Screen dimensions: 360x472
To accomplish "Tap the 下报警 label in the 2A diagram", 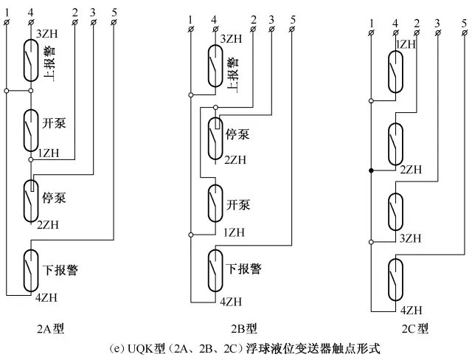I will [60, 270].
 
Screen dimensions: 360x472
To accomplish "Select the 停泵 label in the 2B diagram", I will [236, 135].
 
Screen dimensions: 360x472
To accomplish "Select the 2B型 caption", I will [243, 327].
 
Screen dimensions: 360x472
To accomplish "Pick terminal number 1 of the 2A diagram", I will [7, 10].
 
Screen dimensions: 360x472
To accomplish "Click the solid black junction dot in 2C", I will [370, 170].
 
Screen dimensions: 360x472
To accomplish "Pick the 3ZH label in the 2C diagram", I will [410, 238].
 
